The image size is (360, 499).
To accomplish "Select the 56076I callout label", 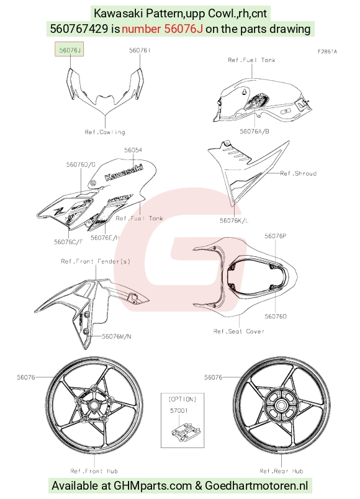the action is coord(140,50).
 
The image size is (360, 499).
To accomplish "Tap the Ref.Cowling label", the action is coord(105,132).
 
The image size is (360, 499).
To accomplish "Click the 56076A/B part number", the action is coord(254,132).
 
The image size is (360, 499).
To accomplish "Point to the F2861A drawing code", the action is coord(327,52).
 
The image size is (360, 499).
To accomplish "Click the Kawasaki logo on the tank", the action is coord(124,172).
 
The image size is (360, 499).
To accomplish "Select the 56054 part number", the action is coord(133,150).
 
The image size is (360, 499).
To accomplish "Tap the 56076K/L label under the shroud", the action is coord(234,220).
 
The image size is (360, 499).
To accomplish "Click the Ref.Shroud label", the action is coord(299,173).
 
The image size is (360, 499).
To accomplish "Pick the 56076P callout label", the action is coord(276,236).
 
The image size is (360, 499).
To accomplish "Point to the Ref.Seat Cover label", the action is coord(239,331).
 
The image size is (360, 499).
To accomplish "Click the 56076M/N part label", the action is coord(117,336).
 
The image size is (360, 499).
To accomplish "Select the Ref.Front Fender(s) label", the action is coord(96,261).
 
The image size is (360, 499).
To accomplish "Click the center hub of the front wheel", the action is coord(94,405).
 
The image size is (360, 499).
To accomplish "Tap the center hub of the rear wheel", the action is coord(281,405).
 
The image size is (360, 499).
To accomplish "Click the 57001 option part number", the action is coord(179,410).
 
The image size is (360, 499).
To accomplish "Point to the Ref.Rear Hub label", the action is coord(281,471).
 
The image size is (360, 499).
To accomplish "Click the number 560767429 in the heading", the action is coord(79,29).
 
